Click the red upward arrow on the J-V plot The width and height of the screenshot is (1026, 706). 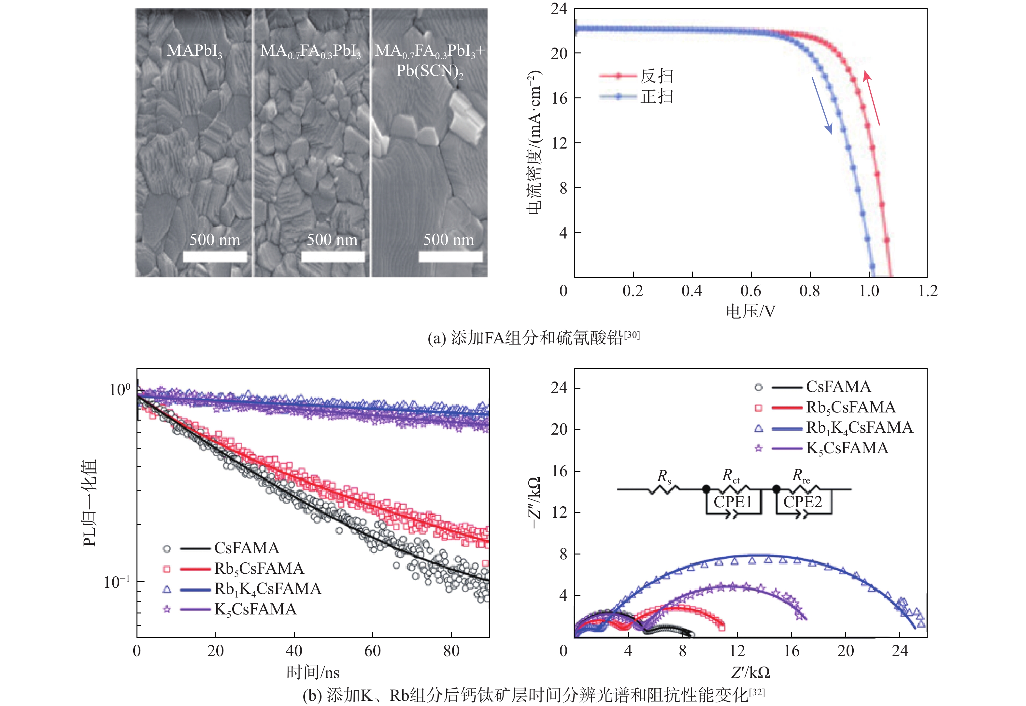point(871,98)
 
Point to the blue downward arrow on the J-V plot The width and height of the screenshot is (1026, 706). point(822,105)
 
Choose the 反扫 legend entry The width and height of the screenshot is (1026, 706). point(657,76)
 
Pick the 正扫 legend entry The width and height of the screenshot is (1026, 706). point(657,96)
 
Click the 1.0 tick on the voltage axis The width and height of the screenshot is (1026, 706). point(869,291)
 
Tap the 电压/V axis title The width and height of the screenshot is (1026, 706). point(750,312)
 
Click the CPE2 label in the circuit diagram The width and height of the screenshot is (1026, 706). point(803,502)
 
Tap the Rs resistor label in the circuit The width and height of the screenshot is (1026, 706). point(664,476)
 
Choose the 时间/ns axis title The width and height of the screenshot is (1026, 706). point(313,673)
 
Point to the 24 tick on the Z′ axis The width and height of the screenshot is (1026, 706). point(900,651)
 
